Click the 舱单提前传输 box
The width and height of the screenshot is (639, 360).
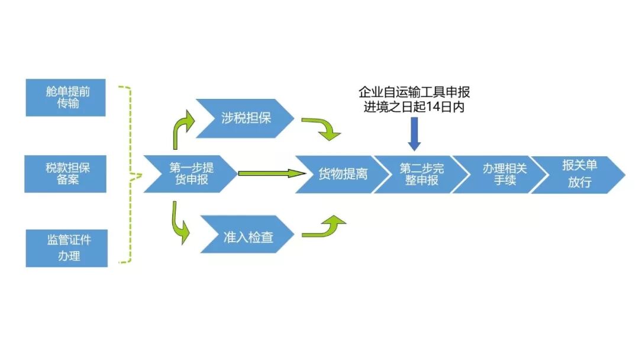click(66, 98)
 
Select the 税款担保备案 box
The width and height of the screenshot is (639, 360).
click(66, 173)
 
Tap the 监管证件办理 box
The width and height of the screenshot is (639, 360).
click(67, 247)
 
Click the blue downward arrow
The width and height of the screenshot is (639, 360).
click(414, 133)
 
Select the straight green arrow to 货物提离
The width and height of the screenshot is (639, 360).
click(269, 173)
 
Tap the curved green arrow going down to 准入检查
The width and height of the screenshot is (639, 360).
click(180, 224)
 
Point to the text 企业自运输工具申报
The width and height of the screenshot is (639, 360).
click(414, 92)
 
